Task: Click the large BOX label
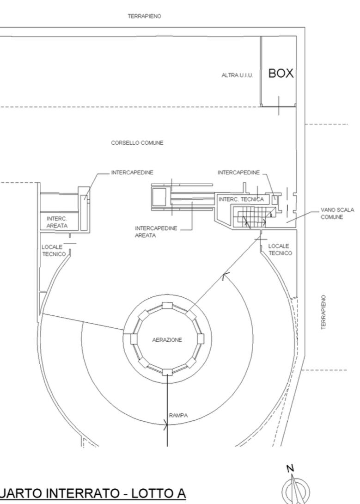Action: click(x=281, y=74)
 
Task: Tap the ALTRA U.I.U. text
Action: click(x=238, y=75)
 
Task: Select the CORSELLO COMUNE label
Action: click(x=137, y=143)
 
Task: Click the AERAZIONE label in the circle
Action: click(x=167, y=340)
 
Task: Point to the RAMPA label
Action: click(x=178, y=415)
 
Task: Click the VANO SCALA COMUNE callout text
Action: click(x=337, y=214)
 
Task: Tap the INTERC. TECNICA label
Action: click(x=241, y=199)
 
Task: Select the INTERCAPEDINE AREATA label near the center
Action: click(x=156, y=232)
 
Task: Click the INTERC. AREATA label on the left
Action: click(x=57, y=222)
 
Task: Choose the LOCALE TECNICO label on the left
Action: click(x=54, y=251)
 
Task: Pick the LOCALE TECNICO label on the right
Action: click(x=280, y=249)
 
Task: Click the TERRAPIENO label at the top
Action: click(x=145, y=16)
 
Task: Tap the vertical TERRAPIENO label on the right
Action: click(x=323, y=312)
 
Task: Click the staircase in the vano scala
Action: click(x=250, y=217)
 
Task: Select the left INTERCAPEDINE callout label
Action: click(x=132, y=172)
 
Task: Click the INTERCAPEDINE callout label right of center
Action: click(x=238, y=172)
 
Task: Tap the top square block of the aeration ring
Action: click(x=167, y=305)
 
